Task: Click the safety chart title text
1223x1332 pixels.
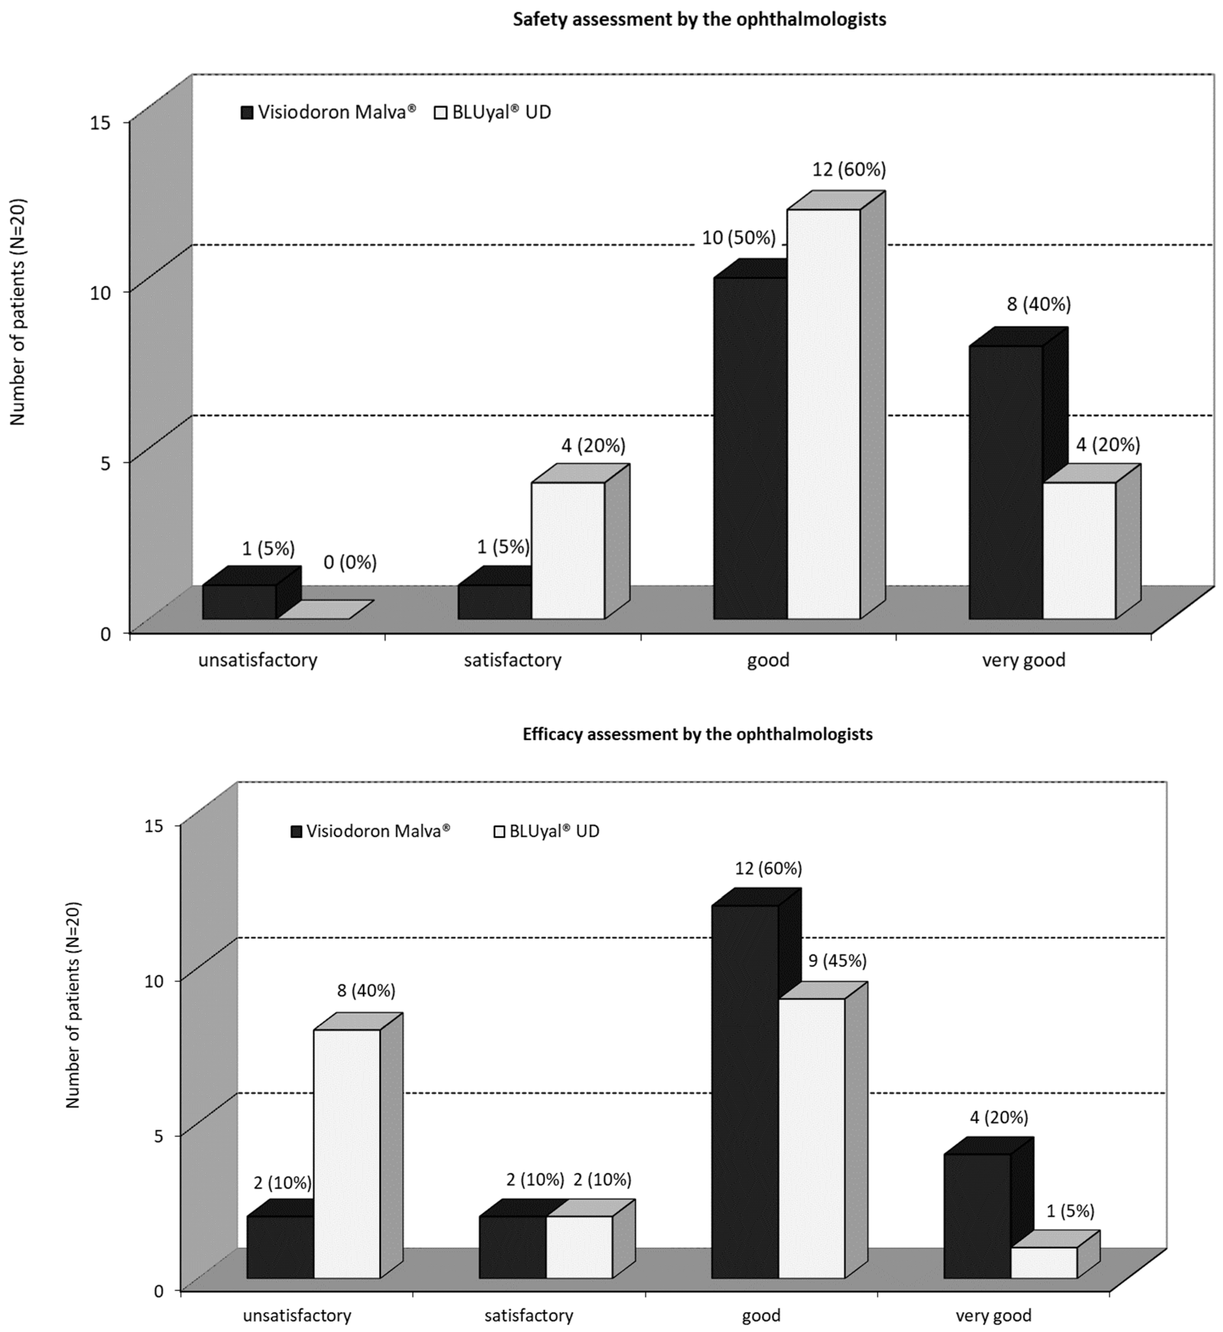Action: click(699, 19)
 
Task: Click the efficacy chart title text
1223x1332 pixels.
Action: click(698, 734)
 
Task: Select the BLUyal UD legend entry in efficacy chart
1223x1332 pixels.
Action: click(547, 832)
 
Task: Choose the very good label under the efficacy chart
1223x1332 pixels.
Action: click(993, 1315)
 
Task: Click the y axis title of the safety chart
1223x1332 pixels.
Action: click(18, 311)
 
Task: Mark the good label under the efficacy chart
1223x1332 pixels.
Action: click(761, 1315)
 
